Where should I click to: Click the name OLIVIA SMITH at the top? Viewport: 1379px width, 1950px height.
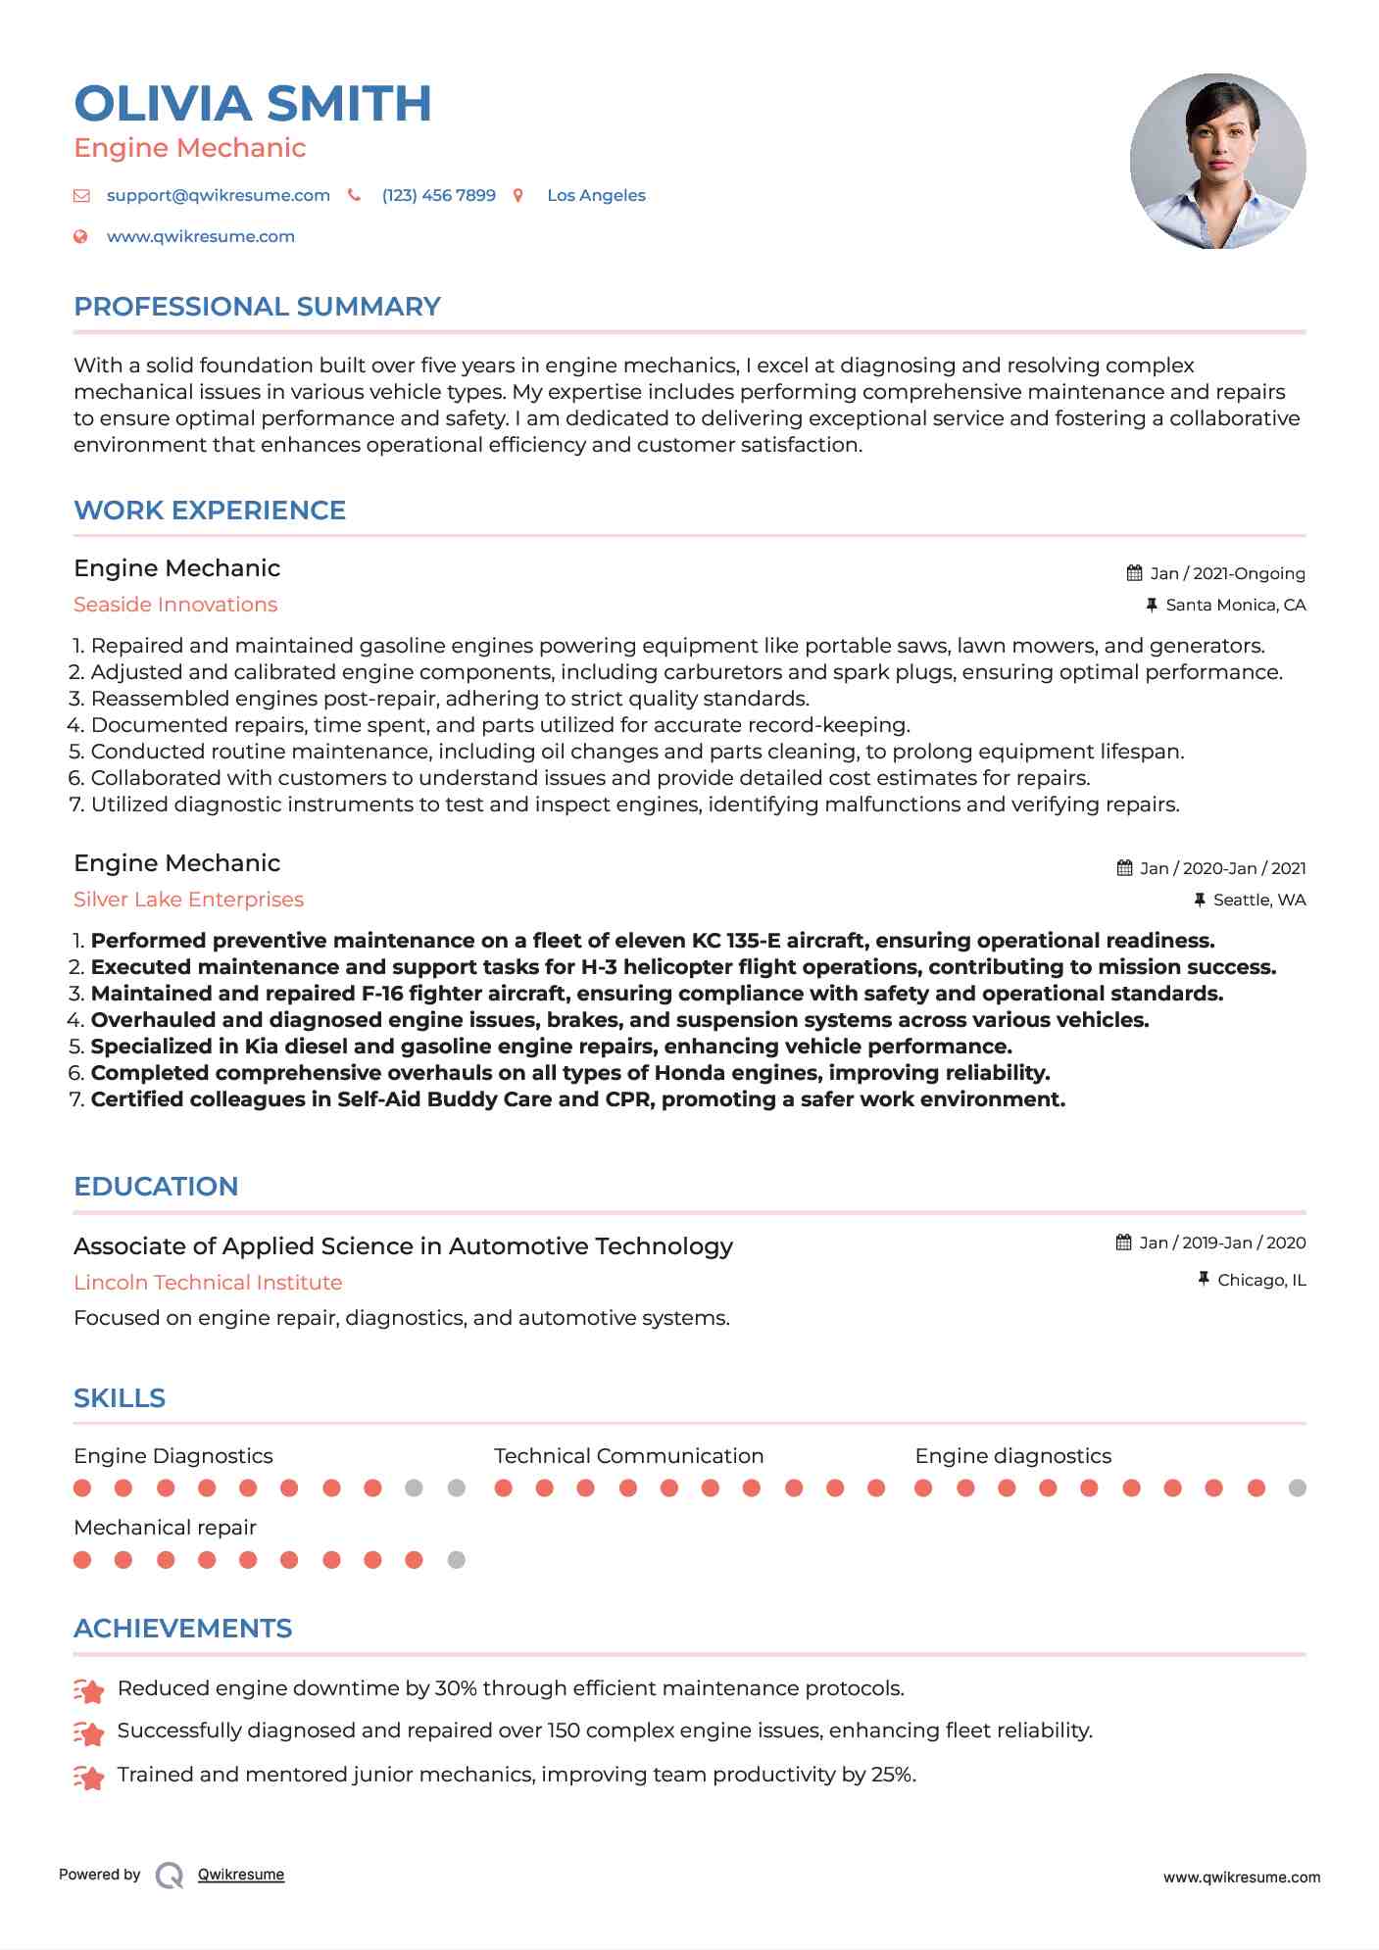click(253, 104)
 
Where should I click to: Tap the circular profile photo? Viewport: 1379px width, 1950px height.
click(1217, 161)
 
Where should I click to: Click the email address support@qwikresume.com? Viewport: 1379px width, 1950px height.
click(218, 195)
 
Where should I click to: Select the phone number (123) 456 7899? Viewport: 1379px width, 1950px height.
click(438, 195)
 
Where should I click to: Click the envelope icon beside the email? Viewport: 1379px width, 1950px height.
click(81, 196)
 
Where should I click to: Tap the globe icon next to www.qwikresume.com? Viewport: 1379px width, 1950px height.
click(81, 236)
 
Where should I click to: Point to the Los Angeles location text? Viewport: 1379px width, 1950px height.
click(596, 195)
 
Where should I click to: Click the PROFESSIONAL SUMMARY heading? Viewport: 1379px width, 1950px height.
click(257, 307)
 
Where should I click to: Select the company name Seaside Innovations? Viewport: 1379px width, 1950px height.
click(175, 605)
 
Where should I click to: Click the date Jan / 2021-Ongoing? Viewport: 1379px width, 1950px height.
click(1227, 573)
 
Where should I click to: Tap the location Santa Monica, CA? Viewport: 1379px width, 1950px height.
click(1235, 605)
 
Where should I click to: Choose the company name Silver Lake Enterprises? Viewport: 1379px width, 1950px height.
click(188, 900)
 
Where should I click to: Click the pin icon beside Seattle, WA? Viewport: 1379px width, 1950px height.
click(1199, 900)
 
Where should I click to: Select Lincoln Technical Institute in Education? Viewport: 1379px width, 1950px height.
click(208, 1283)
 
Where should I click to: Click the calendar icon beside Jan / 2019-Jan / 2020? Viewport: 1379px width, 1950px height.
click(1124, 1243)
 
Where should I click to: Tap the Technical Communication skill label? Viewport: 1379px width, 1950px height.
click(628, 1456)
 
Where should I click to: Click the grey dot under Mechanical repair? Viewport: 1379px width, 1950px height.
click(456, 1560)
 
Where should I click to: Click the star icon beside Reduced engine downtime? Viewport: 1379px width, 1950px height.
click(89, 1690)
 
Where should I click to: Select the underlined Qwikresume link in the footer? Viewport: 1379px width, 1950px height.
click(241, 1875)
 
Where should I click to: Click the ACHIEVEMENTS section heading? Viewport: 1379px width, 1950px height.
click(183, 1629)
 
